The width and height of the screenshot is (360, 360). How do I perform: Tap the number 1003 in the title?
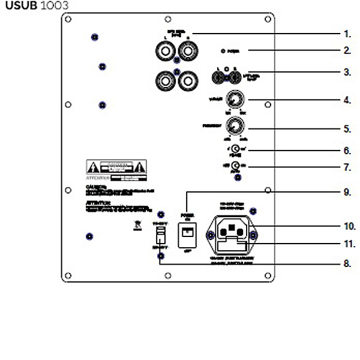tap(55, 5)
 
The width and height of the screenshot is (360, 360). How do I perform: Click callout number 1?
tap(347, 34)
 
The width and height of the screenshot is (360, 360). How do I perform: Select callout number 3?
tap(347, 72)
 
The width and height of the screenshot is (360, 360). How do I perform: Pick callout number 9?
tap(347, 192)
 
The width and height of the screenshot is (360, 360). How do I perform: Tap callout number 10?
tap(349, 226)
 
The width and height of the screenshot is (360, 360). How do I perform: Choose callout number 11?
tap(349, 244)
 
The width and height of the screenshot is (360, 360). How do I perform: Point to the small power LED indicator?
tap(223, 51)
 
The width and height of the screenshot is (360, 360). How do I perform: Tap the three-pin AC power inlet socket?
tap(232, 229)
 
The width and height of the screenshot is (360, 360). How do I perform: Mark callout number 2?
tap(347, 51)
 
